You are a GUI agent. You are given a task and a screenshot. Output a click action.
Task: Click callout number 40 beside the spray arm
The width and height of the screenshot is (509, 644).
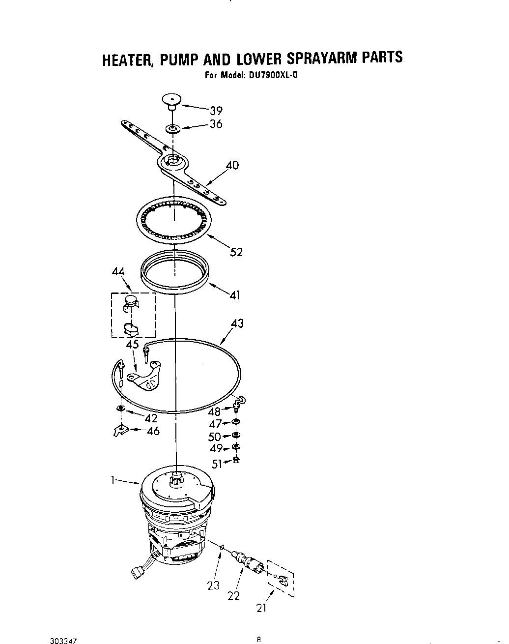tap(232, 165)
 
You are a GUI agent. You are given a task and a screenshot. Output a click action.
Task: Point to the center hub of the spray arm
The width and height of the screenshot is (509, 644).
tap(172, 160)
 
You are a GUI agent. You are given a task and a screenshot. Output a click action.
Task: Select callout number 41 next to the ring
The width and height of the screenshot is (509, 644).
tap(235, 295)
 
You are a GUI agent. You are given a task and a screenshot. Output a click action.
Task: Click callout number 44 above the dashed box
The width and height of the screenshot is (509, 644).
tap(118, 272)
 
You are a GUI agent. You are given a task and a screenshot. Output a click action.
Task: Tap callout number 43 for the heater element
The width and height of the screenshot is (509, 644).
tap(237, 323)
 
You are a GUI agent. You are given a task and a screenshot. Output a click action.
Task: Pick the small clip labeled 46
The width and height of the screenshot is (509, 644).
tap(118, 431)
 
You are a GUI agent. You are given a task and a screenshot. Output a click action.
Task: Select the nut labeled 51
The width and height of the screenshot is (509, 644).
tap(236, 460)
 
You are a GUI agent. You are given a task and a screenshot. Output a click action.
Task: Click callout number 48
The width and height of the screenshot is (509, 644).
tap(214, 412)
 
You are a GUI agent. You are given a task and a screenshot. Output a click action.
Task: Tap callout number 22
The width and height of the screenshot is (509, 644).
tap(234, 595)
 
